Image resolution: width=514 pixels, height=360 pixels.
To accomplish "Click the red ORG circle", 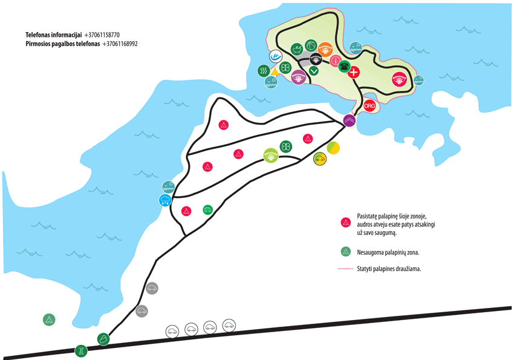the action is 369,106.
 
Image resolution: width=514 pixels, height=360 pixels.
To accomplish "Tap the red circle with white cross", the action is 354,72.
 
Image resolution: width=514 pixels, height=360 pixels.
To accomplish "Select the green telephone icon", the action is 344,67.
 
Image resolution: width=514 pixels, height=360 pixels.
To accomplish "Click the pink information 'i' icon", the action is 336,61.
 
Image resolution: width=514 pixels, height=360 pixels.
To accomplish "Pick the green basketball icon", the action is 311,46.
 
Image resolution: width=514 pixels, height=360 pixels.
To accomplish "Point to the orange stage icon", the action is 325,50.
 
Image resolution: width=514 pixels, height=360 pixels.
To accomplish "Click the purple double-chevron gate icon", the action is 350,120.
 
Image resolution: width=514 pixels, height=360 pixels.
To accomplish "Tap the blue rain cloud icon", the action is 165,200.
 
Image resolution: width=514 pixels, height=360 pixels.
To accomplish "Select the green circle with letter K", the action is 81,351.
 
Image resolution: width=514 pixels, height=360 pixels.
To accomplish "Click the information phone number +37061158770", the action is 102,34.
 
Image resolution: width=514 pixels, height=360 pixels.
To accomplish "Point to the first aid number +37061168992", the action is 120,44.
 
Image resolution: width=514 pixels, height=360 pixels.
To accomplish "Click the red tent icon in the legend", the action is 346,223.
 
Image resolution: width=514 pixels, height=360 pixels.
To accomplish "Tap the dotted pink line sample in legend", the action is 345,269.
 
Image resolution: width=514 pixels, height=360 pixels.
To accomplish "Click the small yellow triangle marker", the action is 275,73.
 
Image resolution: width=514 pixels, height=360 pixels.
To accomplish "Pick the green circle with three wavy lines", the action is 264,71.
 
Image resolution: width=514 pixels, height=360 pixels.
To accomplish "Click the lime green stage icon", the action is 271,155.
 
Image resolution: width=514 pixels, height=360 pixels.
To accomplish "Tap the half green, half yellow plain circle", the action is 333,148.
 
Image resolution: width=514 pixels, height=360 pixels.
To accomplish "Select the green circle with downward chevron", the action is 314,71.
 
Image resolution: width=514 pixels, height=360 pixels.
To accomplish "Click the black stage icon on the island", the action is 316,59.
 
